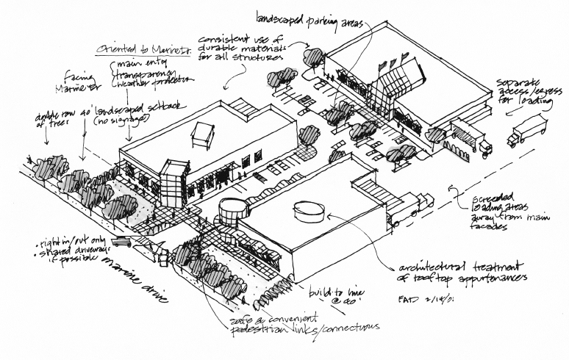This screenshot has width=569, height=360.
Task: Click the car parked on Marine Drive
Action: click(x=122, y=242)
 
